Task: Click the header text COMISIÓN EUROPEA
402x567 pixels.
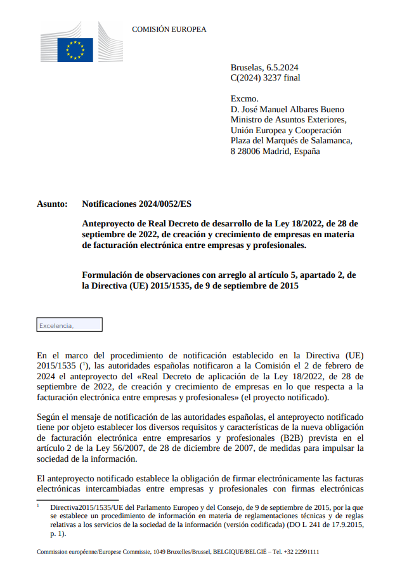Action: click(169, 29)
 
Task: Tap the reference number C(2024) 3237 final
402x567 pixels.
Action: click(265, 78)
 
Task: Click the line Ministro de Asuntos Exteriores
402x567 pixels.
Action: click(288, 119)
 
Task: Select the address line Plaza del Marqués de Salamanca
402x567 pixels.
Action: click(291, 141)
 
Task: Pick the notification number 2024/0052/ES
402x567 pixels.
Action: click(163, 204)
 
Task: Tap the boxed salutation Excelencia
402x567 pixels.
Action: click(56, 325)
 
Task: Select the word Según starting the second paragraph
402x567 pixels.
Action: click(48, 417)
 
